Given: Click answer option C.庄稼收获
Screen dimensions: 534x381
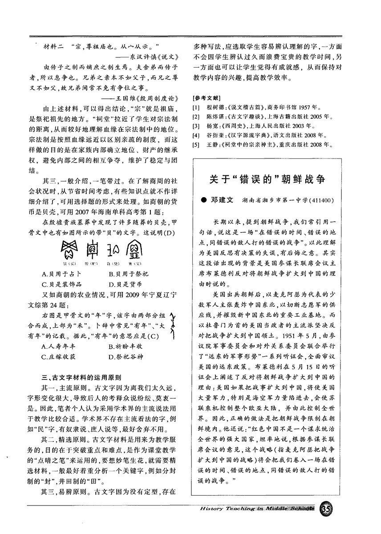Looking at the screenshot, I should [60, 356].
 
